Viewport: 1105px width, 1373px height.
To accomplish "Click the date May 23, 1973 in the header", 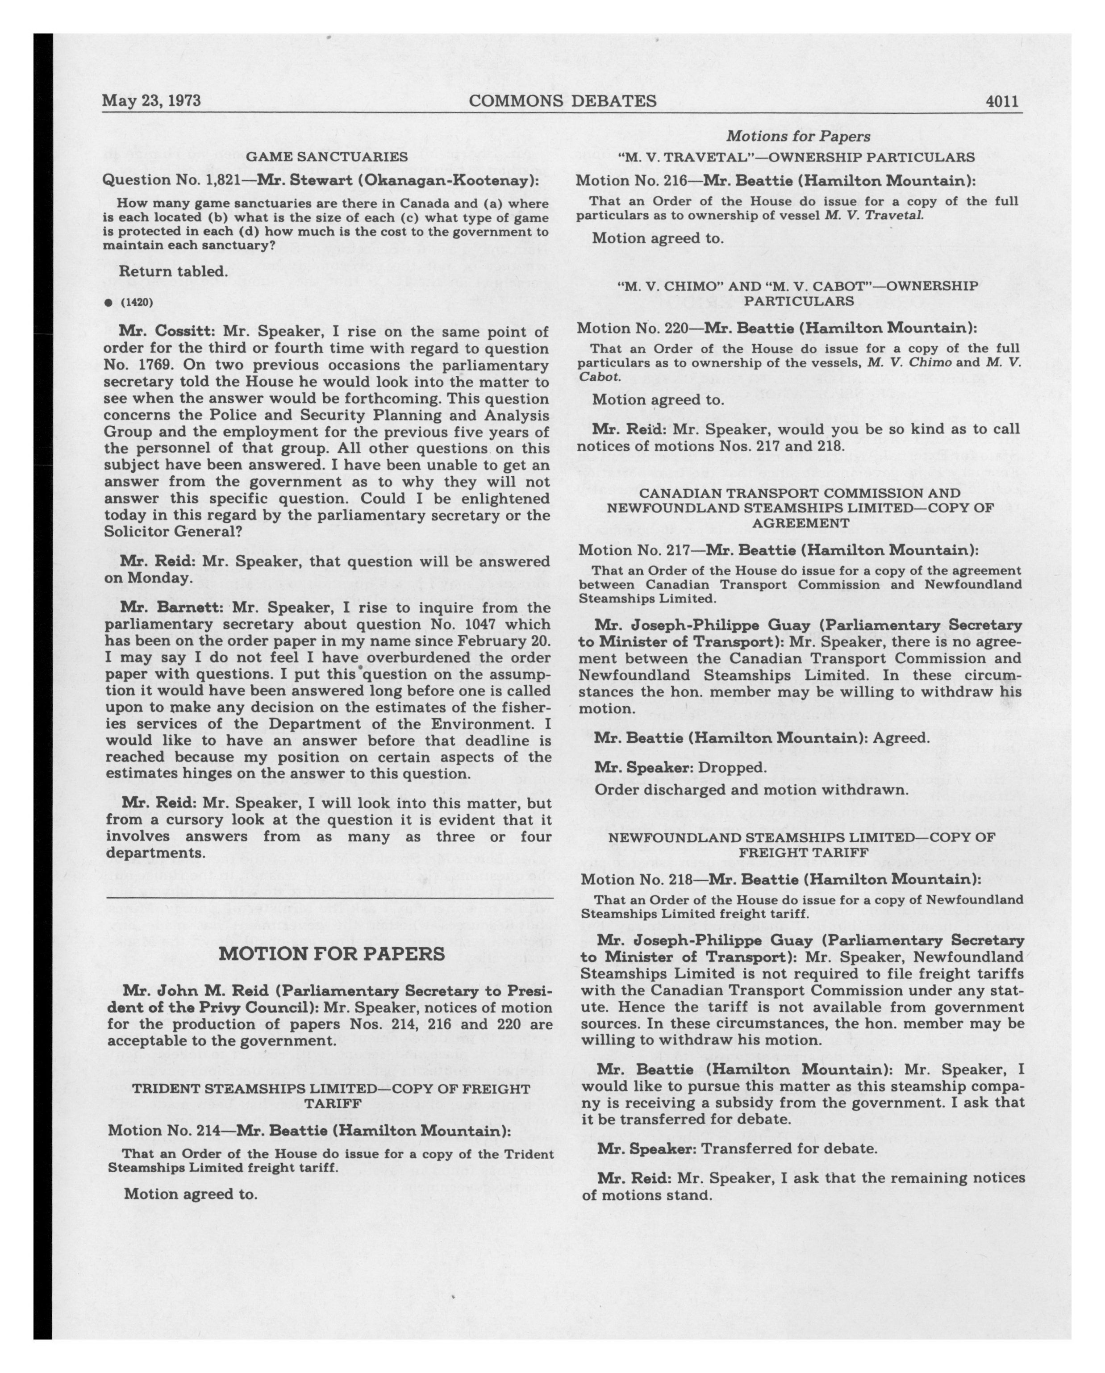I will pos(152,101).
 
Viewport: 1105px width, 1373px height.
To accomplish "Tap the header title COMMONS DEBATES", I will pos(563,101).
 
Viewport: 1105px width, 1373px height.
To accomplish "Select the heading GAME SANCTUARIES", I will pos(327,156).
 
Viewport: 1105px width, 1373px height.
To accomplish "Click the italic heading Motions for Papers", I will pos(798,136).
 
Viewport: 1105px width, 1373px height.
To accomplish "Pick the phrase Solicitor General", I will pos(172,531).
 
